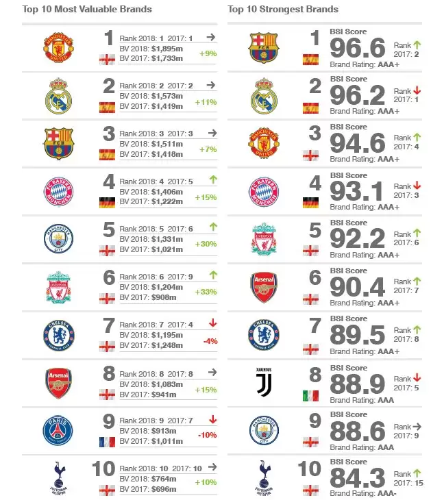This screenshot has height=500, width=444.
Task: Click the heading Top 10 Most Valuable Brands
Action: pyautogui.click(x=87, y=10)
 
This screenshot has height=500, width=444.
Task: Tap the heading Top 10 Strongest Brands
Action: pyautogui.click(x=283, y=10)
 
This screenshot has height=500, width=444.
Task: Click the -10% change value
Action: pyautogui.click(x=208, y=436)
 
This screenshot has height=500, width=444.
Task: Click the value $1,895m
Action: pyautogui.click(x=167, y=50)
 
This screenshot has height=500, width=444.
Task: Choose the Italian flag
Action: pyautogui.click(x=311, y=395)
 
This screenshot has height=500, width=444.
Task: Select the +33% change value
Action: pyautogui.click(x=208, y=292)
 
